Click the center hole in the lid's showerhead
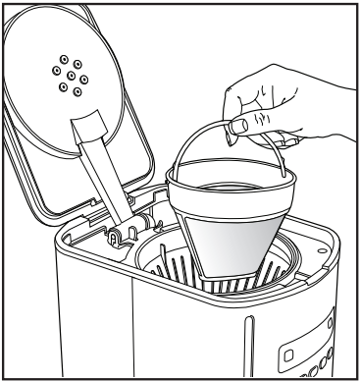click(70, 73)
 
